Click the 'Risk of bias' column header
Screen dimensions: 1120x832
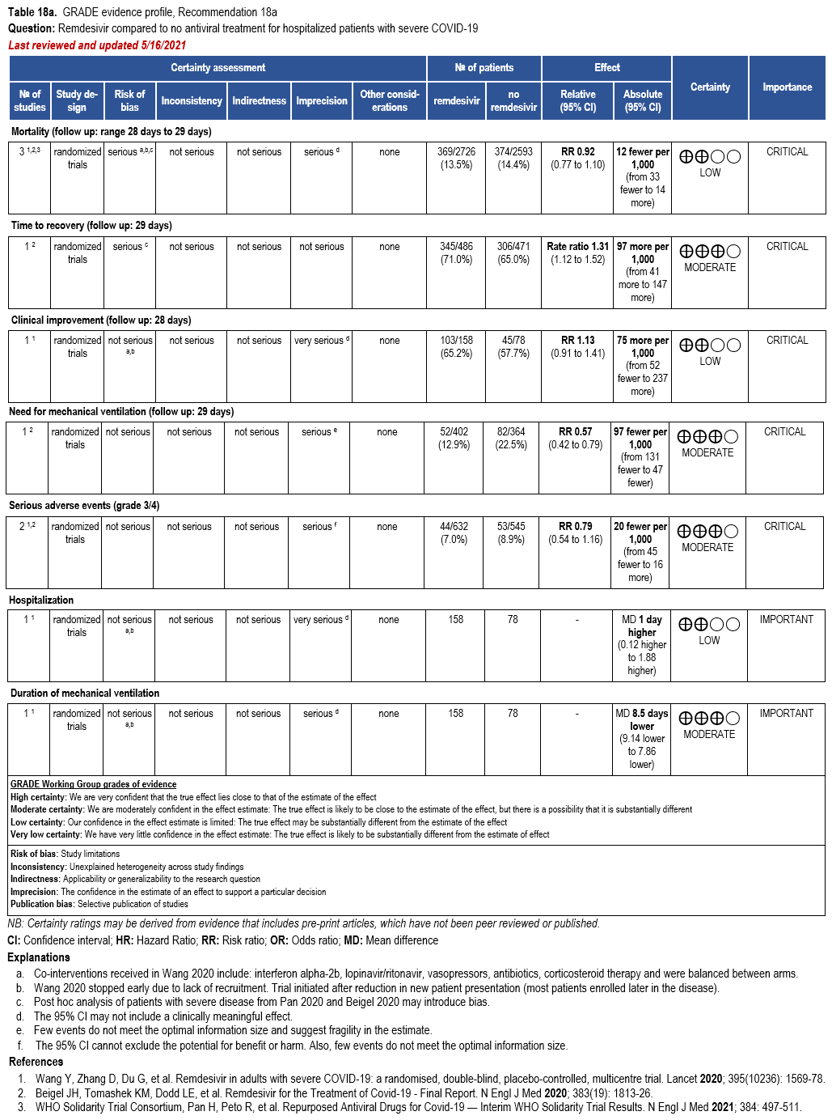[x=129, y=100]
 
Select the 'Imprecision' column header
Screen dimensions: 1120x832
[x=321, y=101]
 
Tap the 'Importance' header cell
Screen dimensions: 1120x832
[x=787, y=87]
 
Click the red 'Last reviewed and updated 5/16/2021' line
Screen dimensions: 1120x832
[x=97, y=45]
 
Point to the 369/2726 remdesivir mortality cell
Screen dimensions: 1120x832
[x=456, y=158]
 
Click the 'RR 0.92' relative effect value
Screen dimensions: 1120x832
[x=577, y=152]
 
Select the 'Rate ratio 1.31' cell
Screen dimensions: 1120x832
[x=577, y=247]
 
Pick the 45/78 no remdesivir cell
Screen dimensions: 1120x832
[x=513, y=346]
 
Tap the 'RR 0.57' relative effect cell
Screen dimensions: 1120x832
[x=575, y=432]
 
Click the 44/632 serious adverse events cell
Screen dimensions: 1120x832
[x=454, y=532]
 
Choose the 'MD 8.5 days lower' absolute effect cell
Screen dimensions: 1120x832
[x=641, y=720]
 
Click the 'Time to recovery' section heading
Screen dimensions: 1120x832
[x=91, y=226]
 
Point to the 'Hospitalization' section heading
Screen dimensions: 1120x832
[x=41, y=600]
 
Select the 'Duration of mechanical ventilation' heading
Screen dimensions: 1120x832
[x=85, y=694]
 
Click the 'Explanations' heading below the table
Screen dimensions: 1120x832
[x=39, y=957]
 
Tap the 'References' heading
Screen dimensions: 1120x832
[x=36, y=1062]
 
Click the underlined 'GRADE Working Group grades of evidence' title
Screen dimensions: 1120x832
[x=93, y=784]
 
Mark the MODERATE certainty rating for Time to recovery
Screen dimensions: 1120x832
[x=710, y=267]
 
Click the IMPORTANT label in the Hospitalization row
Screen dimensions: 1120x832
[x=786, y=620]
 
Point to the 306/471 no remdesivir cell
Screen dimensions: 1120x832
[x=513, y=252]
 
